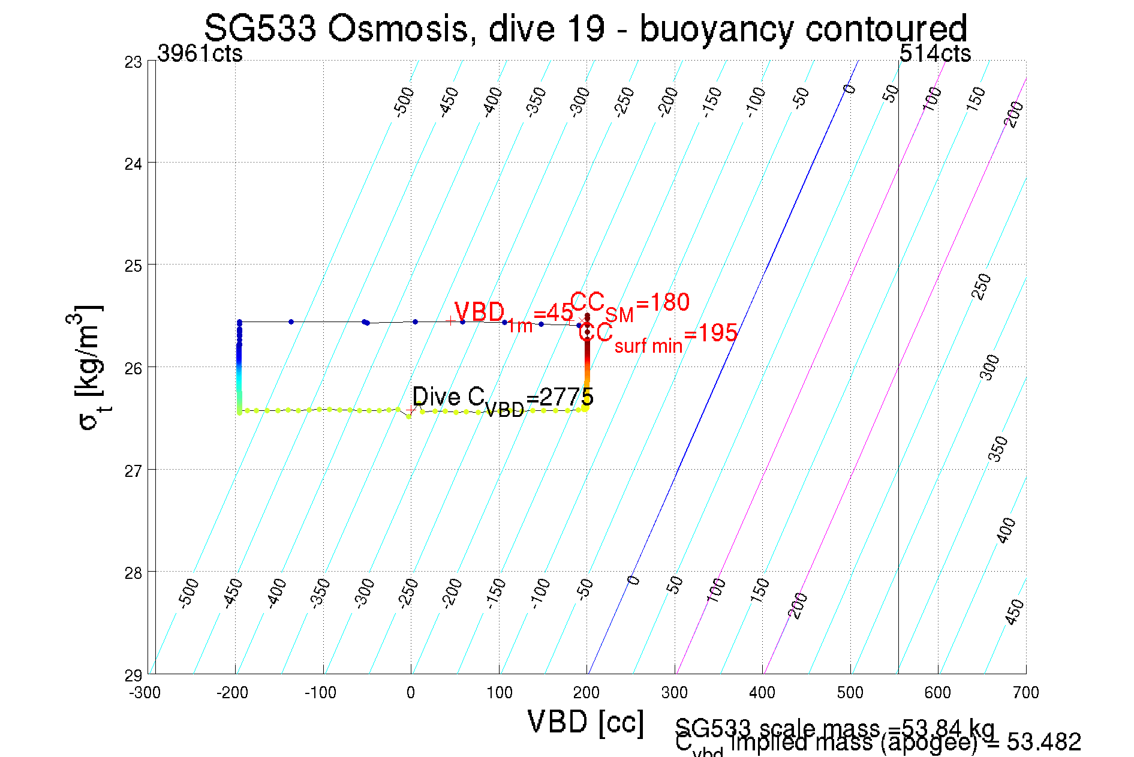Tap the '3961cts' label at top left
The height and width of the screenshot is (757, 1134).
click(200, 54)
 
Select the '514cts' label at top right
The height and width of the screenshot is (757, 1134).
click(935, 54)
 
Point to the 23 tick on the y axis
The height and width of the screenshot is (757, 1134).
click(133, 62)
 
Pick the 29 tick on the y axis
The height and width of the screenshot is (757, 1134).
click(133, 675)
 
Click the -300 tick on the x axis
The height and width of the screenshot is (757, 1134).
click(145, 693)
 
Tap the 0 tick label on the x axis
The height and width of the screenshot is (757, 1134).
click(411, 693)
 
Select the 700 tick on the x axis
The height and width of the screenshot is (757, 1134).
click(1025, 693)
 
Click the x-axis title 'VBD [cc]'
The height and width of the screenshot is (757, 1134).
click(586, 722)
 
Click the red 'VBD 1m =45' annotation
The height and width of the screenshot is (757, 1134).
click(513, 315)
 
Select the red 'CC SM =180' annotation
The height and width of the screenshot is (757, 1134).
click(630, 305)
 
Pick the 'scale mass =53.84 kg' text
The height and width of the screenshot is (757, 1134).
click(835, 728)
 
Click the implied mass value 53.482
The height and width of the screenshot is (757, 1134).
click(1044, 743)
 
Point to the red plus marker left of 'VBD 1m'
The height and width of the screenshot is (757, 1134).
click(450, 320)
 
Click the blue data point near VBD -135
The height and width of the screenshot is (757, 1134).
click(291, 322)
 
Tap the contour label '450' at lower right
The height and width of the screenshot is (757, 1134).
click(1015, 612)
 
